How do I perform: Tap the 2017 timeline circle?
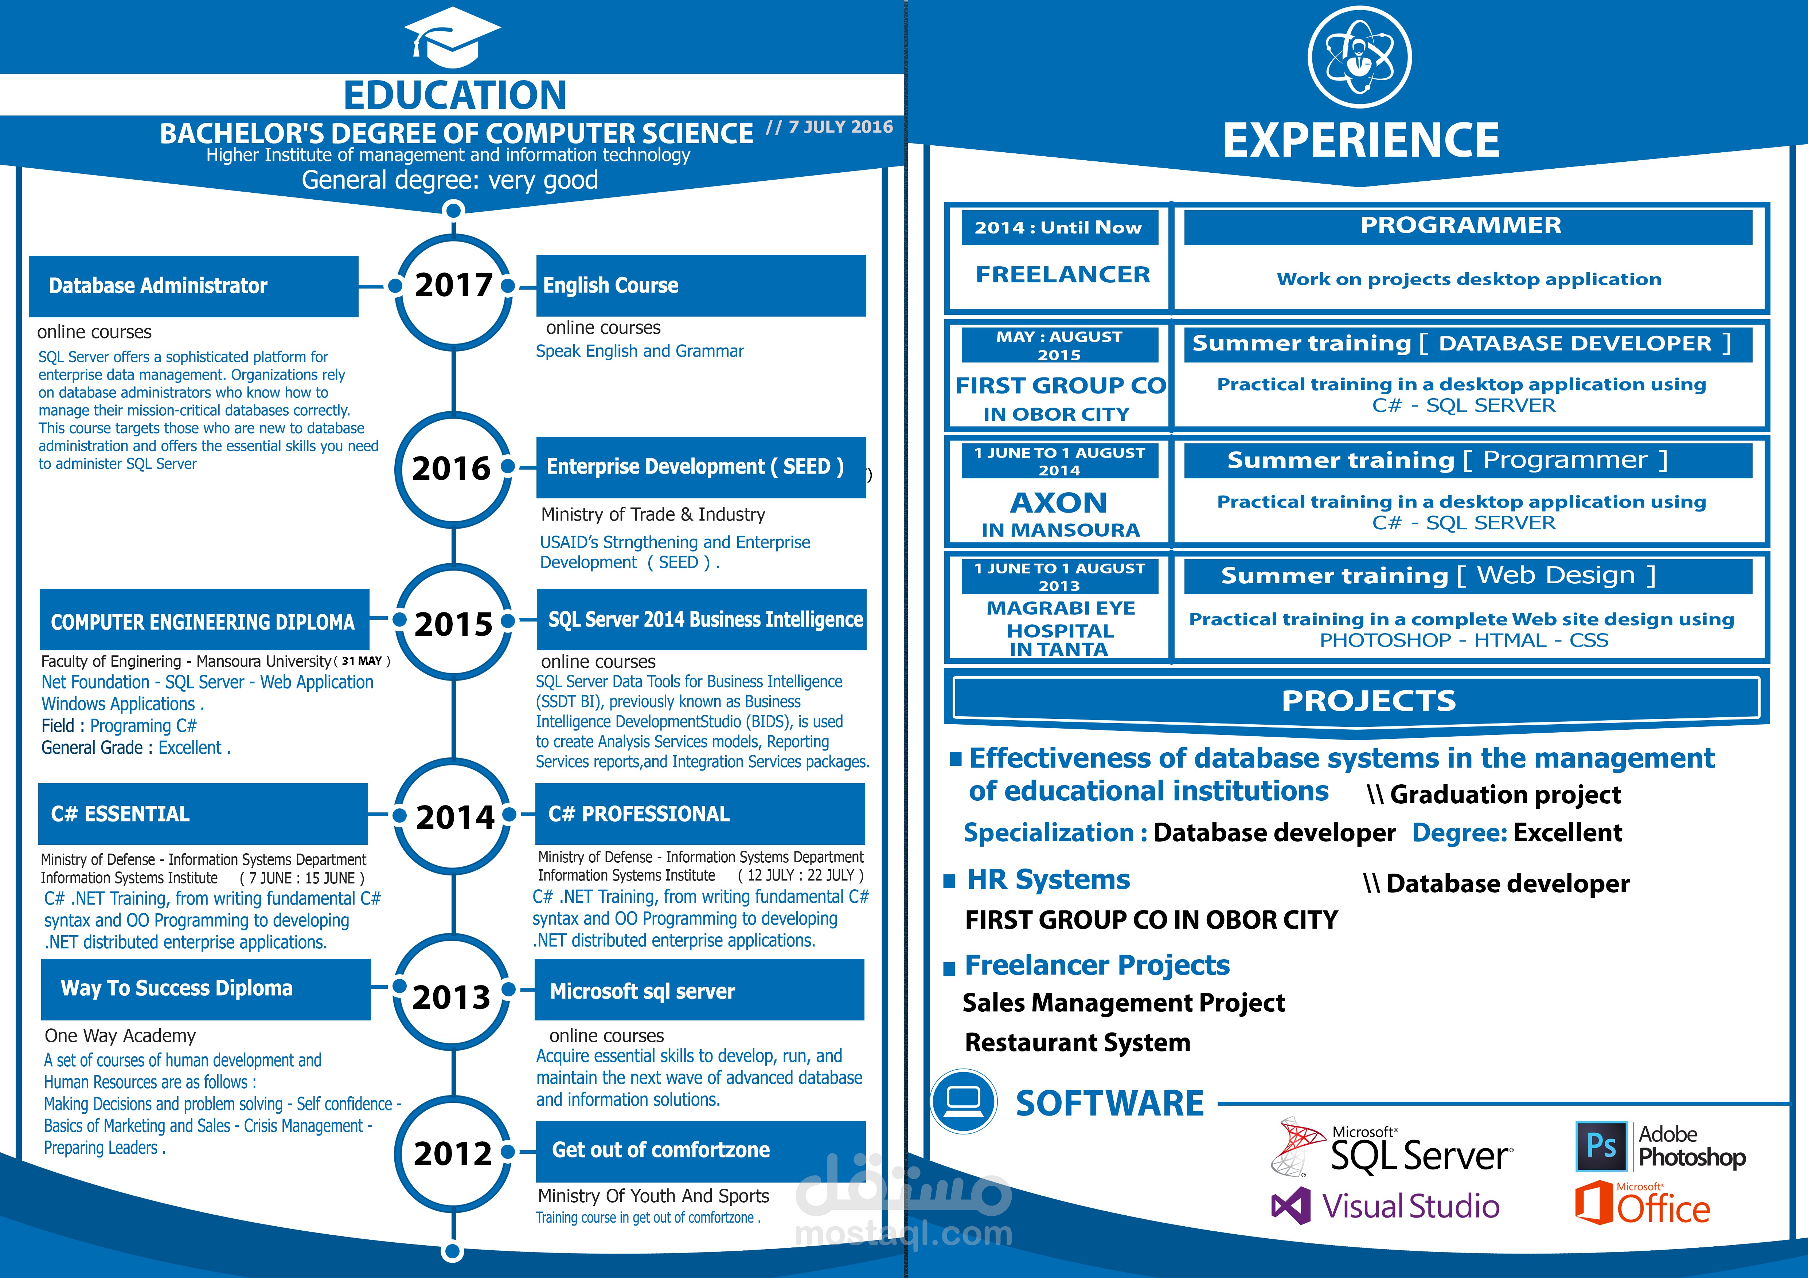454,285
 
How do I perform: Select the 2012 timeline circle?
453,1154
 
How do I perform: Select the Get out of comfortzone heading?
661,1150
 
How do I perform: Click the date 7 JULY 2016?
840,127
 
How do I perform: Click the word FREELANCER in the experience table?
1062,275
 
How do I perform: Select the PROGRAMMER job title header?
1461,226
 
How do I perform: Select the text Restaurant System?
1077,1043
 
